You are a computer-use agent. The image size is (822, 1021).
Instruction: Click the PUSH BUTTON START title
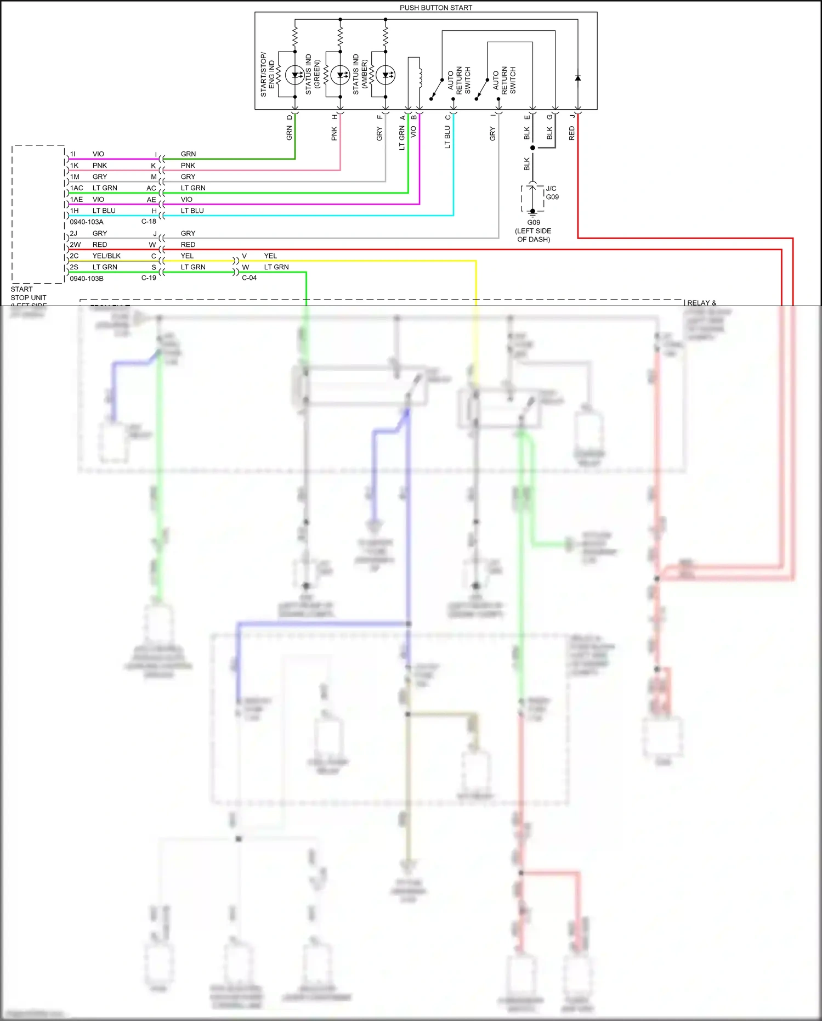pyautogui.click(x=435, y=8)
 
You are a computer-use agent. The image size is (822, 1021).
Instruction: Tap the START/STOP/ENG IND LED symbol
pyautogui.click(x=295, y=75)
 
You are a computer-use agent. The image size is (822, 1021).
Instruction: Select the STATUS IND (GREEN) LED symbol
pyautogui.click(x=340, y=75)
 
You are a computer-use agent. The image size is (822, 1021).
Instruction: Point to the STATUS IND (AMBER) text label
pyautogui.click(x=360, y=75)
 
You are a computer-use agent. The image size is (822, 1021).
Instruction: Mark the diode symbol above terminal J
pyautogui.click(x=577, y=78)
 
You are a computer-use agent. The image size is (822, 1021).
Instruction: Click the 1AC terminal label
pyautogui.click(x=77, y=188)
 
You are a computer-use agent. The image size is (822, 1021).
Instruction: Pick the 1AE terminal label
pyautogui.click(x=77, y=200)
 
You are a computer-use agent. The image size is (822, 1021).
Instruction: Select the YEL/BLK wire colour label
pyautogui.click(x=106, y=256)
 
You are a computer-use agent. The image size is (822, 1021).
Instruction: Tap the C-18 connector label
pyautogui.click(x=149, y=222)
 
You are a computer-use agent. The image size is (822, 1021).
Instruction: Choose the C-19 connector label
pyautogui.click(x=149, y=278)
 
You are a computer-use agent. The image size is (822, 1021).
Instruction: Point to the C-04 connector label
pyautogui.click(x=250, y=278)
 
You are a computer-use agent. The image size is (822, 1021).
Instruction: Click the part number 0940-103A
pyautogui.click(x=87, y=222)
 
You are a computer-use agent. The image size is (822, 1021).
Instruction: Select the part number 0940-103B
pyautogui.click(x=87, y=279)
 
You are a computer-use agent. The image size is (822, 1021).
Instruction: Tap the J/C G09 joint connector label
pyautogui.click(x=552, y=193)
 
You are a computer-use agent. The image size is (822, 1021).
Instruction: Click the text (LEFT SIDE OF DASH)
pyautogui.click(x=534, y=235)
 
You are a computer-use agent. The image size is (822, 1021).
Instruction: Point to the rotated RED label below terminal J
pyautogui.click(x=572, y=133)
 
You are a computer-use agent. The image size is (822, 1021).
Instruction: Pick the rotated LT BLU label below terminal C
pyautogui.click(x=447, y=137)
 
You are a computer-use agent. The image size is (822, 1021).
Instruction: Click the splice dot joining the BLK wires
pyautogui.click(x=532, y=148)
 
